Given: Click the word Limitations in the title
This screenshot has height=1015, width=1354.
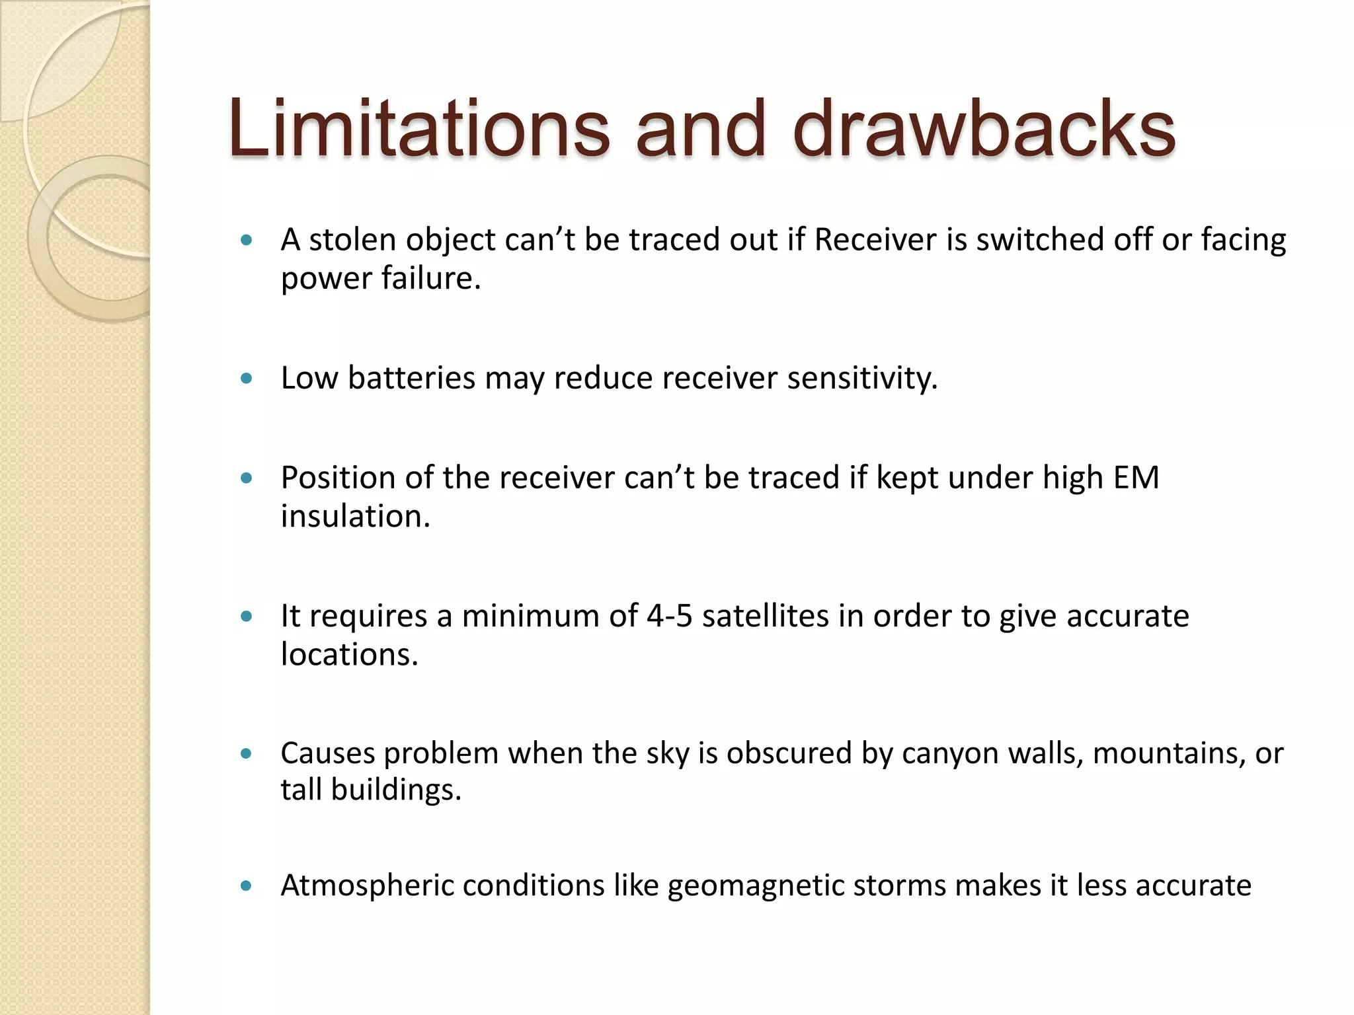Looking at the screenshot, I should click(x=418, y=129).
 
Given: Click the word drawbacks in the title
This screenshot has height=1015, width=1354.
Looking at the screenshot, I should click(x=984, y=129).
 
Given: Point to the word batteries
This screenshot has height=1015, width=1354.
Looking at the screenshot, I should click(x=411, y=379).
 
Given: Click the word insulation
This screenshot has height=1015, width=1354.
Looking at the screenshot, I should click(x=355, y=517).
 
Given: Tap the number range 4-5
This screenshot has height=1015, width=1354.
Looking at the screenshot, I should click(x=669, y=616).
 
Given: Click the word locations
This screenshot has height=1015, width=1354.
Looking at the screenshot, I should click(x=349, y=655).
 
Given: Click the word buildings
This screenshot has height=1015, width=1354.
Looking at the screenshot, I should click(x=395, y=790).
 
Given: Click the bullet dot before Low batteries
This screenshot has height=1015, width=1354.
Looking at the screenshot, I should click(x=247, y=379).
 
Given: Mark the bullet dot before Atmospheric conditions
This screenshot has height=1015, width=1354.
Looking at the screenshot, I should click(x=247, y=886).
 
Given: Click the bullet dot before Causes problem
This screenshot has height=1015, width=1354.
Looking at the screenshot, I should click(x=247, y=754).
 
